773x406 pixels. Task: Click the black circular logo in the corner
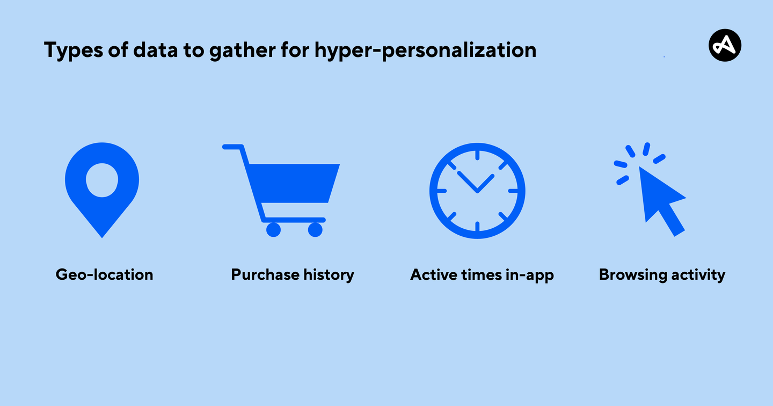725,45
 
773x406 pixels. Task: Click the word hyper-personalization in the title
425,50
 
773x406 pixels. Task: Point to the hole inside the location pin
102,180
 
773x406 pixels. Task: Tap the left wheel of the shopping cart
273,230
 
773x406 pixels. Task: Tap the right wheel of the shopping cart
315,230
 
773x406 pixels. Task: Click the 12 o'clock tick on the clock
477,155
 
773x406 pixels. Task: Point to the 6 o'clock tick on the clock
477,226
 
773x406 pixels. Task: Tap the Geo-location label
104,275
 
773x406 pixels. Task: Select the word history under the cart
329,275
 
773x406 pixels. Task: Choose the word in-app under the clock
530,275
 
